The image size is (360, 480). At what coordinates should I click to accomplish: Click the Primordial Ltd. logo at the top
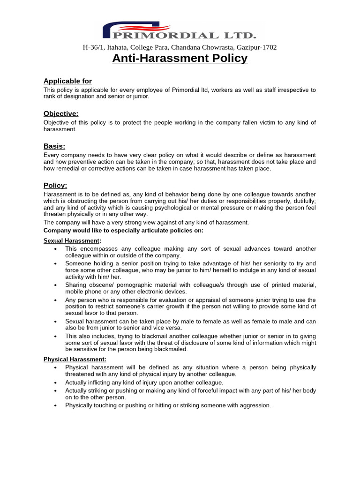[x=180, y=31]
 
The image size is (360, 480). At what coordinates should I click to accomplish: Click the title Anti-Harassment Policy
[x=180, y=59]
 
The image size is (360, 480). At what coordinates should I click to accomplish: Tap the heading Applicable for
[x=67, y=81]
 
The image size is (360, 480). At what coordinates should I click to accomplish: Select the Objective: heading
[x=61, y=113]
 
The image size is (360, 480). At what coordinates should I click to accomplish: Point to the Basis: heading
[x=54, y=146]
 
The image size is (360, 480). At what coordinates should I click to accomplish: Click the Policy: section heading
[x=55, y=185]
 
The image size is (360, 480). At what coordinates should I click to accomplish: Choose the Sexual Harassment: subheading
[x=72, y=240]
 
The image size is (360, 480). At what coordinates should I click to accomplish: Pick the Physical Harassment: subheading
[x=75, y=359]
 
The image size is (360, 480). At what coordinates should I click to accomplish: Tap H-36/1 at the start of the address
[x=93, y=47]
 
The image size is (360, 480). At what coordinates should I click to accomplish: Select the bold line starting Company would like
[x=124, y=230]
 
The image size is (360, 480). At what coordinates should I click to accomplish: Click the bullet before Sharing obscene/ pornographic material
[x=56, y=285]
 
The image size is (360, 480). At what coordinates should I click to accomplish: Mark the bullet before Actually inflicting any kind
[x=56, y=383]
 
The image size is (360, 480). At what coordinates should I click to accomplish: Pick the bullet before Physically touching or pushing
[x=56, y=405]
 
